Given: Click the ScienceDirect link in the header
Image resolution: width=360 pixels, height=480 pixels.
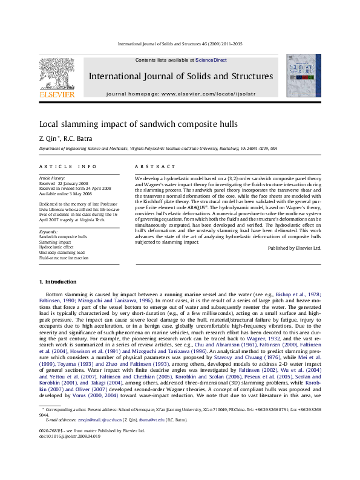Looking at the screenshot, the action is [211, 60].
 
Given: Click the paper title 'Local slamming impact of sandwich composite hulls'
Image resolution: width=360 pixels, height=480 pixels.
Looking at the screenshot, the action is [130, 125].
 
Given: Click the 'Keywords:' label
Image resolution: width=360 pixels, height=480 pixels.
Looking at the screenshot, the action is [48, 232].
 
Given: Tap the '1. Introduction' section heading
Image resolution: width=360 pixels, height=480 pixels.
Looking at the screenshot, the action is [57, 282].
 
